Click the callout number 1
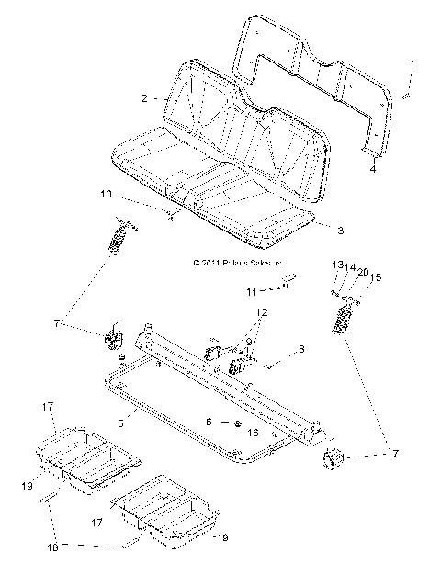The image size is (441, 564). [x=413, y=63]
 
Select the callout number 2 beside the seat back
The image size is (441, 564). [x=144, y=97]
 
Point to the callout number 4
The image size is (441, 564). [x=372, y=170]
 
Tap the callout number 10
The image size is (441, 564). [x=106, y=195]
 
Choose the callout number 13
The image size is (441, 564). [x=336, y=265]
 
